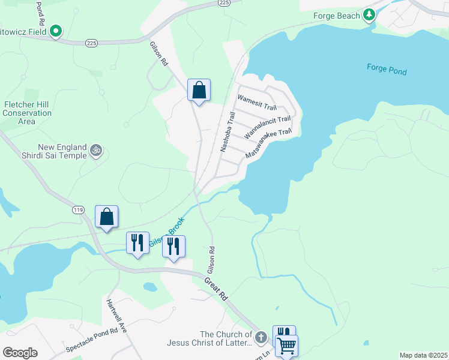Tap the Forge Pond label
[x=387, y=70]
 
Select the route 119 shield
[x=77, y=210]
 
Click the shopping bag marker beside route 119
[x=106, y=217]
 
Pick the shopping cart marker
[x=287, y=346]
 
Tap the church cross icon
[x=261, y=338]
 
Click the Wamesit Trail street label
[x=257, y=101]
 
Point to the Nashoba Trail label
[x=226, y=133]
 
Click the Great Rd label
[x=216, y=289]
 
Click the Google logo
[x=20, y=352]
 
